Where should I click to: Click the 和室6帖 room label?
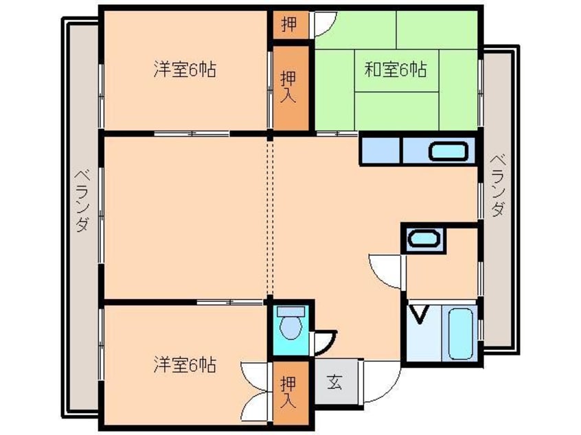(396, 69)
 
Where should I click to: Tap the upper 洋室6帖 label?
(185, 69)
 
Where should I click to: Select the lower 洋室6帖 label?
(185, 365)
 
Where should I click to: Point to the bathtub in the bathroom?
(460, 333)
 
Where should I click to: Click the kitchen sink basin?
(448, 152)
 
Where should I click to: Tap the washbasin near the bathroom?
(424, 239)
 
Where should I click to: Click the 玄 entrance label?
(334, 381)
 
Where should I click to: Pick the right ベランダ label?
(498, 186)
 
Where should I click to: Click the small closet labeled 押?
(290, 25)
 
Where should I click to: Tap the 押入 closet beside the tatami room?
(289, 87)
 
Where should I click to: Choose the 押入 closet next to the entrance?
(289, 392)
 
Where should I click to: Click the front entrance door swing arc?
(391, 391)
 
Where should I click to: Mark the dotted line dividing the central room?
(270, 217)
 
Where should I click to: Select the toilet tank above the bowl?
(291, 311)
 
